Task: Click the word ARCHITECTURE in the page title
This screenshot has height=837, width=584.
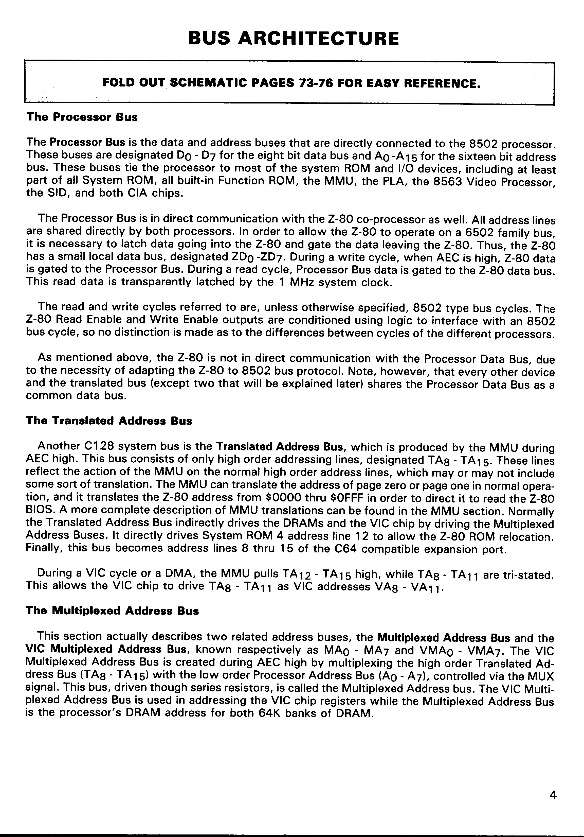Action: click(x=318, y=39)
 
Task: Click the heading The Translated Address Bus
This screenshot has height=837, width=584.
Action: click(x=109, y=421)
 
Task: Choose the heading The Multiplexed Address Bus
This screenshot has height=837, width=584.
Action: click(x=112, y=611)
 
